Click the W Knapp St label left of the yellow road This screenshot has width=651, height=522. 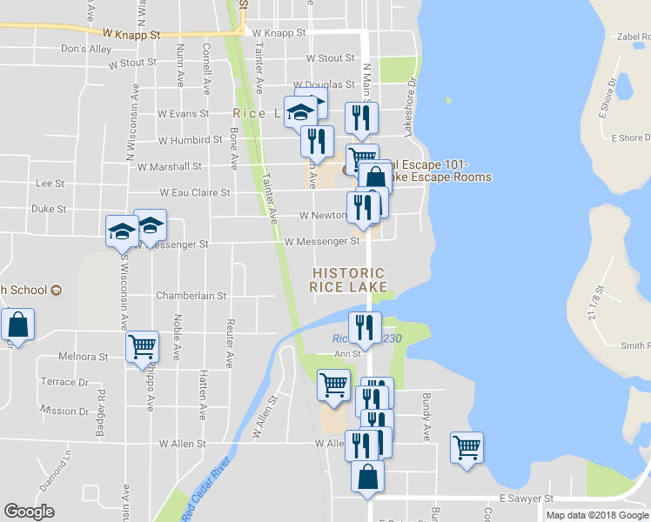pyautogui.click(x=131, y=35)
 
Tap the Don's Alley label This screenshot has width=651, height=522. pyautogui.click(x=86, y=49)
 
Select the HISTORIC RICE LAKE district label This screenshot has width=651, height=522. pyautogui.click(x=349, y=281)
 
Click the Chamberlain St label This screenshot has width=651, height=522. pyautogui.click(x=191, y=296)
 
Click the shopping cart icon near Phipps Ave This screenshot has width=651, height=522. pyautogui.click(x=142, y=347)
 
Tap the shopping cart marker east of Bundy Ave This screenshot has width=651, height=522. pyautogui.click(x=467, y=447)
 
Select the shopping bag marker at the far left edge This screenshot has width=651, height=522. pyautogui.click(x=17, y=325)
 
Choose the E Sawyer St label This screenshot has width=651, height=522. pyautogui.click(x=527, y=499)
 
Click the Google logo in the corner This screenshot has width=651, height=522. pyautogui.click(x=29, y=512)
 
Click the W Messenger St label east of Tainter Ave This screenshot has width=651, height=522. pyautogui.click(x=321, y=241)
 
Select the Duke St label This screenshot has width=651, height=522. pyautogui.click(x=49, y=209)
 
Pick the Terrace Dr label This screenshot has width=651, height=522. pyautogui.click(x=64, y=382)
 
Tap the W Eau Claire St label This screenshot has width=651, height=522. pyautogui.click(x=194, y=192)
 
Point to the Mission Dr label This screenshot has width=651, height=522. pyautogui.click(x=64, y=411)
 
